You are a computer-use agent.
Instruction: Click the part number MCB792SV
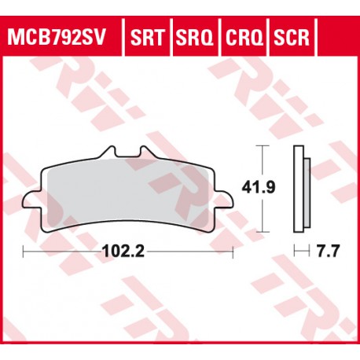(56, 37)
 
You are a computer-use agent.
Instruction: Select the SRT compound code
(148, 37)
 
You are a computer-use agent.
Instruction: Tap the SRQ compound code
(195, 38)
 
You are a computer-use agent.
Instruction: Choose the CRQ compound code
(244, 38)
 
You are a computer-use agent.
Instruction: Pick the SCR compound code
(292, 37)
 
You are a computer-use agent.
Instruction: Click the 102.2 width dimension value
(123, 252)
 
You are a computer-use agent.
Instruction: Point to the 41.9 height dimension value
(259, 188)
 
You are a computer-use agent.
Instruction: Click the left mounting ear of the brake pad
(32, 200)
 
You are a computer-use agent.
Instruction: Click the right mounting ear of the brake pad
(223, 200)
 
